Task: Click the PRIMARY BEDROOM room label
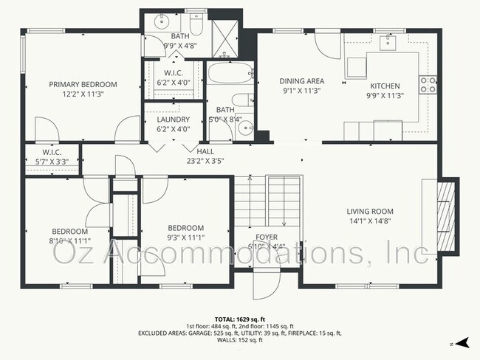(83, 85)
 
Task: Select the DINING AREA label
(302, 81)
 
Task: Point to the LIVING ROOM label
(371, 211)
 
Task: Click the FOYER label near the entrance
(266, 237)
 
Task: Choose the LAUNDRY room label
(174, 120)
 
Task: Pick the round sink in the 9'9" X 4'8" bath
(162, 22)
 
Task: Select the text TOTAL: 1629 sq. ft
(240, 318)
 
